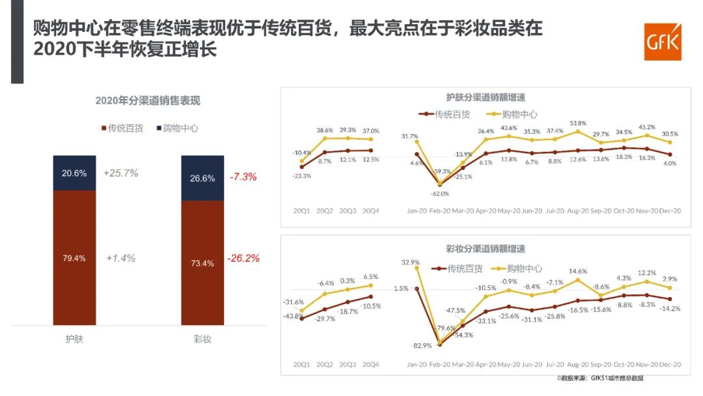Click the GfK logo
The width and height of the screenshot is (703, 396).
click(662, 42)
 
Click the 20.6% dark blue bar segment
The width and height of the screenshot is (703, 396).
click(74, 173)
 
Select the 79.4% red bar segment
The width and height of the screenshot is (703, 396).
click(74, 258)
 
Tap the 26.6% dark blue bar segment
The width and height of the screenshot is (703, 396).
click(202, 178)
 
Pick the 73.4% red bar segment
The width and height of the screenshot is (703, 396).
click(202, 263)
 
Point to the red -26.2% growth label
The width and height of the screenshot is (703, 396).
click(243, 258)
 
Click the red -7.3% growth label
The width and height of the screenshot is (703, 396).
click(243, 177)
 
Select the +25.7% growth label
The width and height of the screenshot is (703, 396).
click(120, 173)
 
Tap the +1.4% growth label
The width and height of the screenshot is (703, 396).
click(120, 258)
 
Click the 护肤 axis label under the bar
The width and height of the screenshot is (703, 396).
click(74, 339)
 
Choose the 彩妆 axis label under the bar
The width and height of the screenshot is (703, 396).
click(202, 339)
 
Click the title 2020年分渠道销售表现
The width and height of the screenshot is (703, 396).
click(148, 100)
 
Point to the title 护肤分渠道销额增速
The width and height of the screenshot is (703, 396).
click(486, 97)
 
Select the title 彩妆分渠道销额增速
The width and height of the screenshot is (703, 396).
click(486, 249)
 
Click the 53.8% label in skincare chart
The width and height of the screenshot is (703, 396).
click(577, 123)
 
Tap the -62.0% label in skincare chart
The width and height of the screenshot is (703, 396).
click(440, 193)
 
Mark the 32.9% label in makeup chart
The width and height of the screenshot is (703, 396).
click(410, 262)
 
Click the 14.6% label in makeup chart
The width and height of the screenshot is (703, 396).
click(577, 272)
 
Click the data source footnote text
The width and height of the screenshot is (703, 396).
click(600, 378)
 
